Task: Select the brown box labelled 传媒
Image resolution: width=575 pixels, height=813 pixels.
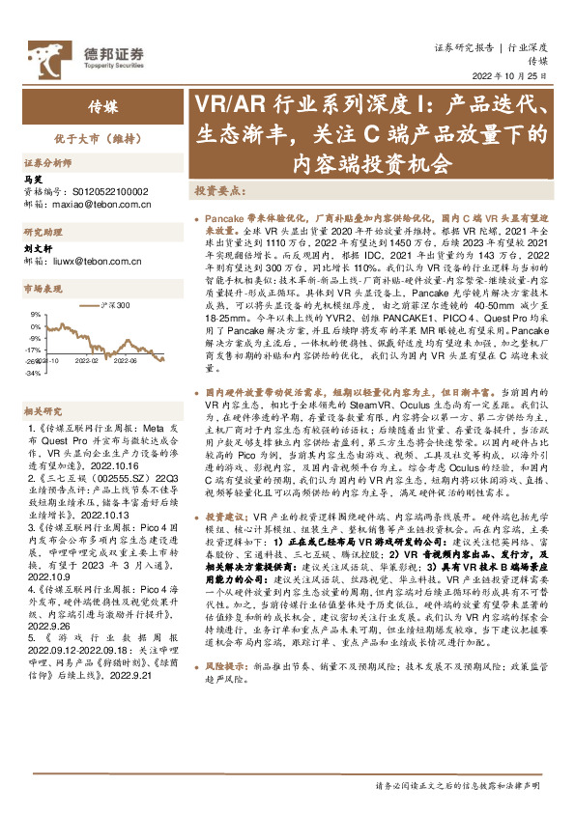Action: [89, 105]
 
